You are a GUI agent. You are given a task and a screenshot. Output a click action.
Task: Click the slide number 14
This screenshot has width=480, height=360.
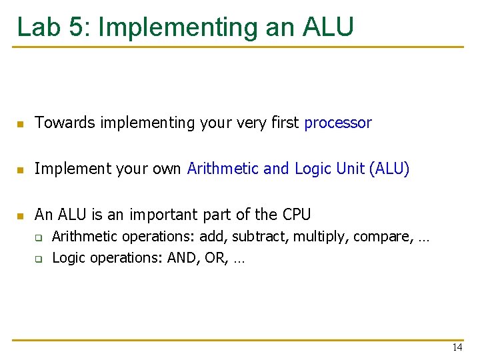457,347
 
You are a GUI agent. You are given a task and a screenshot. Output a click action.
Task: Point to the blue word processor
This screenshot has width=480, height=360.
337,123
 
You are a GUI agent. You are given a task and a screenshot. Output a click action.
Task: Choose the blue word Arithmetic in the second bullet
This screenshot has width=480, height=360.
223,169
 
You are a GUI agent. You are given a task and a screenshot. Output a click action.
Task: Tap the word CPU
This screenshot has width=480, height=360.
297,215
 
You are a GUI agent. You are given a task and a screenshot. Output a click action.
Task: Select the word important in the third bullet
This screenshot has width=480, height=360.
165,215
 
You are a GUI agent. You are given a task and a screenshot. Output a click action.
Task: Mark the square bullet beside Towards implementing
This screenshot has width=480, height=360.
21,124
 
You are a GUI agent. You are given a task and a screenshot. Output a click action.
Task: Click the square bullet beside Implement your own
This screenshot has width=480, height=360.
21,170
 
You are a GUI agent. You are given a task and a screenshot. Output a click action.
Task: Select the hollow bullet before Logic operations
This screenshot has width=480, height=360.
39,259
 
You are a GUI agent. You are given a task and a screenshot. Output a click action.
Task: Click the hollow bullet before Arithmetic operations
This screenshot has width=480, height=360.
39,238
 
